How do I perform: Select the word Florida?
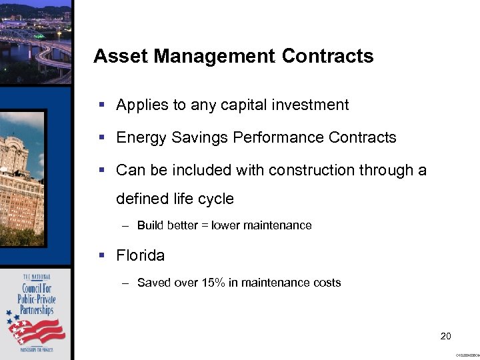coord(140,255)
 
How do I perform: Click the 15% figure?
coord(213,283)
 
